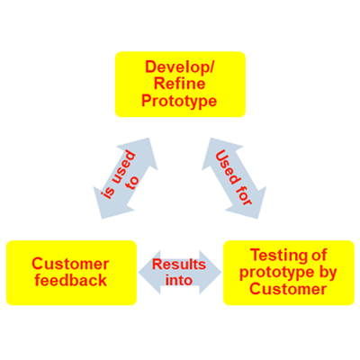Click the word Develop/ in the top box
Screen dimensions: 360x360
click(179, 67)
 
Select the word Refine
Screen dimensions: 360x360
click(179, 84)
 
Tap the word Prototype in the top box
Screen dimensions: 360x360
click(179, 101)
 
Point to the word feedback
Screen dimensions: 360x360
click(71, 280)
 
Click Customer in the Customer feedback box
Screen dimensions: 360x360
click(70, 264)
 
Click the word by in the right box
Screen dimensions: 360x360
click(328, 274)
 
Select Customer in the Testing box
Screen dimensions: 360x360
click(288, 289)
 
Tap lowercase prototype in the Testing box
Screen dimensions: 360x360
click(278, 274)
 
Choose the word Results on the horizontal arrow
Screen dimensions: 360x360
click(179, 265)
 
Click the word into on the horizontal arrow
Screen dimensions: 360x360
click(179, 280)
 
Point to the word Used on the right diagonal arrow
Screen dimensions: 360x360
click(227, 166)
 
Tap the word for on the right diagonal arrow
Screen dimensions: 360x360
click(245, 196)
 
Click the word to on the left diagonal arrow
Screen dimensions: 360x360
click(132, 182)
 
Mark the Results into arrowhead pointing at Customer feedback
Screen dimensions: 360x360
click(149, 273)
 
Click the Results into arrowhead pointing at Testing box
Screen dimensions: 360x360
click(211, 273)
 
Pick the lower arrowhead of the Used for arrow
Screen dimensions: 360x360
click(248, 203)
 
